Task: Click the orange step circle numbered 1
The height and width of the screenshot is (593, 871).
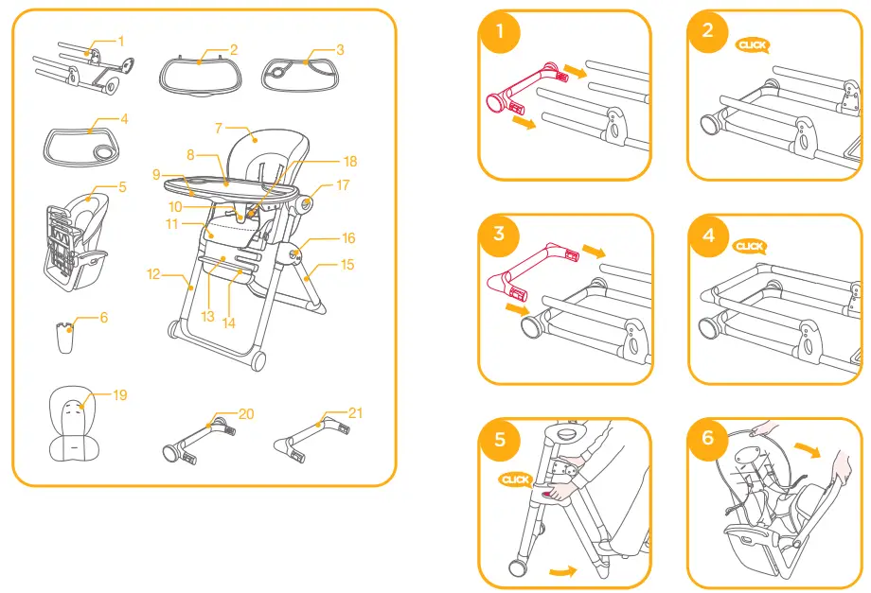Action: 499,33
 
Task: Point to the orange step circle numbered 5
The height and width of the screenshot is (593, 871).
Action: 499,440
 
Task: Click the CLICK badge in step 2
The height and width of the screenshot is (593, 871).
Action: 753,44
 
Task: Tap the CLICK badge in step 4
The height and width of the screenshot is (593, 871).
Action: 750,247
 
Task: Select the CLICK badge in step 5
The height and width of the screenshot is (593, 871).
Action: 516,480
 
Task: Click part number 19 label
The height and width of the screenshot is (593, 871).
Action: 119,395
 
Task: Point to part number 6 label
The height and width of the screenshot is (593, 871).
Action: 103,318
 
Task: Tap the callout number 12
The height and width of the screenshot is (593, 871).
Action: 153,275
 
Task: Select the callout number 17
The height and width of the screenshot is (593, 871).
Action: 342,185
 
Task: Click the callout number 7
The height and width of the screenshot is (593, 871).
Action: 218,127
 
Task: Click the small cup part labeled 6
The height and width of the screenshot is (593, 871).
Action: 64,338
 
